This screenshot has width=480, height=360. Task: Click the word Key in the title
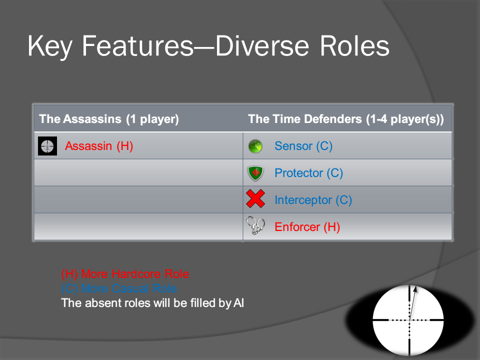[50, 46]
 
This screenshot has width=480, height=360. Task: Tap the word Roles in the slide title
[354, 46]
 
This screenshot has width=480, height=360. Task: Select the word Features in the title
[138, 46]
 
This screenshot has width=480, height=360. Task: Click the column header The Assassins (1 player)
[109, 119]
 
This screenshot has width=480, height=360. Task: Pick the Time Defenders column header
[346, 119]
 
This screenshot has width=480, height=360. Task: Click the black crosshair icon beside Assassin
[47, 146]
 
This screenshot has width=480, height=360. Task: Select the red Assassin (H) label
[99, 146]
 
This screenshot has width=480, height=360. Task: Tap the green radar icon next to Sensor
[255, 146]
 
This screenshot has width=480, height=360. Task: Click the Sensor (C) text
[303, 146]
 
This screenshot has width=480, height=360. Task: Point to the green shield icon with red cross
[255, 173]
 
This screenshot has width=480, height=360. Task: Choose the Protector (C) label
[308, 173]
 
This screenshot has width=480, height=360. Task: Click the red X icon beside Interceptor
[255, 198]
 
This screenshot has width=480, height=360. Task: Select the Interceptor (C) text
[313, 200]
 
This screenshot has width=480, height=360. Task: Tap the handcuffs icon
[255, 225]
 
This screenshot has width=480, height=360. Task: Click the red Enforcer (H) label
[307, 227]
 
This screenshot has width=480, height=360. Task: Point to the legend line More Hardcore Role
[125, 273]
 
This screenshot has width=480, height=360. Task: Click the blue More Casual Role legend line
[119, 288]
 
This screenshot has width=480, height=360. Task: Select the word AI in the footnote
[239, 303]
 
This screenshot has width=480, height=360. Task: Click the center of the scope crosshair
[409, 320]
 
